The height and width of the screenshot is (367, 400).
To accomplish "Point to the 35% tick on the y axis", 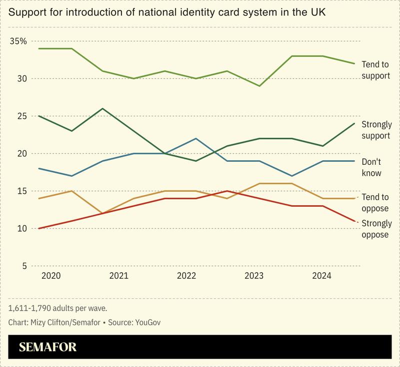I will click(x=18, y=41).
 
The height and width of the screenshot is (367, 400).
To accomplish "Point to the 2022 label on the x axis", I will click(x=186, y=276).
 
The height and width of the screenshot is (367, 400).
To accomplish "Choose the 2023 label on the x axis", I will click(x=255, y=276).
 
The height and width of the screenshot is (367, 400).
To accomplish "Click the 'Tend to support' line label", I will click(x=375, y=71).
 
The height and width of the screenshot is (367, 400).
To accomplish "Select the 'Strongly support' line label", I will click(x=376, y=129).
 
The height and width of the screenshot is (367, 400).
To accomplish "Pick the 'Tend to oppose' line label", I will click(x=375, y=202).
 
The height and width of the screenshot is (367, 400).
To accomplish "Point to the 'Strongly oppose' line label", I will click(x=376, y=228).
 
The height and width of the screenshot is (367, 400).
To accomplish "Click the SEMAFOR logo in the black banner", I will click(x=47, y=348).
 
